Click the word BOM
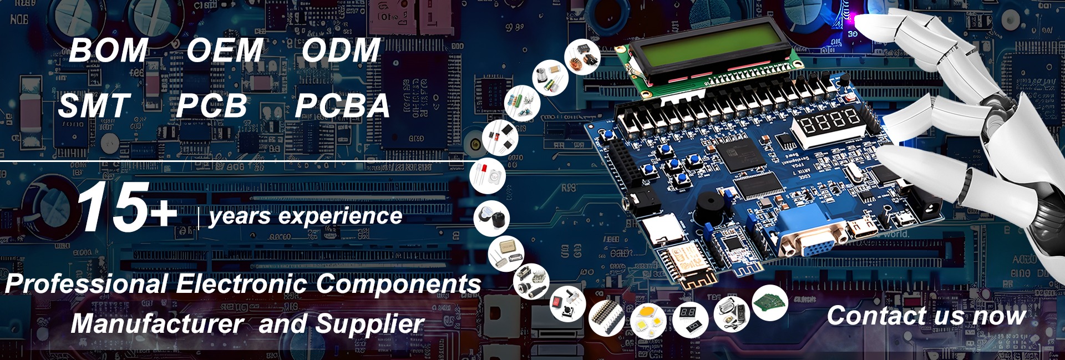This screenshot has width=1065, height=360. tap(109, 50)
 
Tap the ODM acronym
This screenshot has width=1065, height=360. tap(341, 50)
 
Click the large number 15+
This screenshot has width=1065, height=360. tap(126, 207)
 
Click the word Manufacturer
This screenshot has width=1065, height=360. tap(157, 324)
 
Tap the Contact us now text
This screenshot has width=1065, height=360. tap(926, 316)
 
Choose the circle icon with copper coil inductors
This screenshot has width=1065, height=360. tap(582, 57)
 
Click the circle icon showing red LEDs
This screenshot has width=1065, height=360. tap(488, 175)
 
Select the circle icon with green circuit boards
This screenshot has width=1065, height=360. tap(770, 302)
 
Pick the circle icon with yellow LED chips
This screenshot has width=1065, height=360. tap(648, 321)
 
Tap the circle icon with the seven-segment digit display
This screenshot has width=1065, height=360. tap(690, 319)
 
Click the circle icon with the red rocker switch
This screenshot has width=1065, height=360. tap(567, 303)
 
